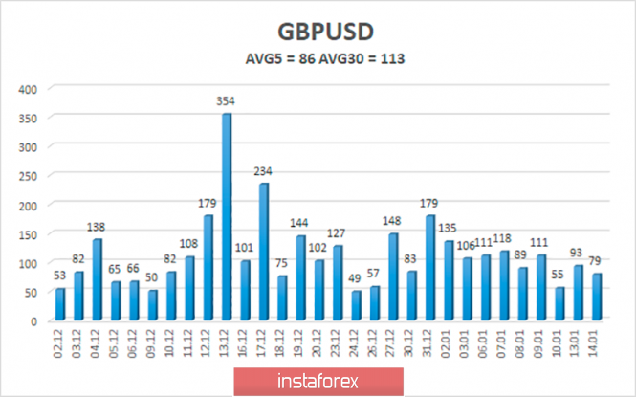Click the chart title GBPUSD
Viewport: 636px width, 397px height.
[x=319, y=30]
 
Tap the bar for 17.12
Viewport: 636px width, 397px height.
[x=264, y=253]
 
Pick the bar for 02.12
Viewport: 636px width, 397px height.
[x=60, y=305]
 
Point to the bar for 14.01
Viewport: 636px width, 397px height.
[x=598, y=298]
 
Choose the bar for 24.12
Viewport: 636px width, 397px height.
[x=357, y=306]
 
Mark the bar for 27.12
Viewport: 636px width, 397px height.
[x=394, y=277]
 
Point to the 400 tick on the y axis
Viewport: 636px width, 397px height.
[x=28, y=88]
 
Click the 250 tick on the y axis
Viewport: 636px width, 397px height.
[x=28, y=176]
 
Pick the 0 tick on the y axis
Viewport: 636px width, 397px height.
[x=34, y=321]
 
